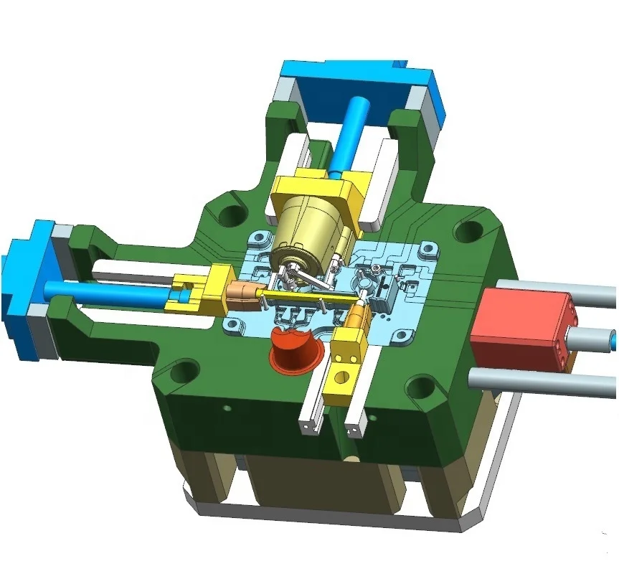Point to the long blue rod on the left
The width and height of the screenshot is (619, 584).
(108, 288)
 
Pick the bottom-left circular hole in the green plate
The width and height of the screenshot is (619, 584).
(184, 372)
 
